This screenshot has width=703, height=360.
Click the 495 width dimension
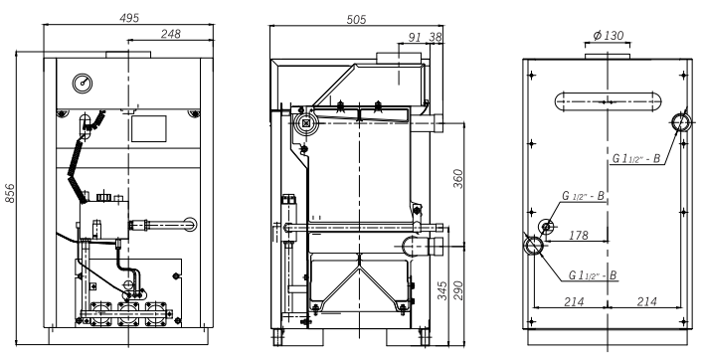tap(129, 18)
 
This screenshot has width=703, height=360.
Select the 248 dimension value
tap(170, 34)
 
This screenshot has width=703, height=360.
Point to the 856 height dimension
tap(9, 193)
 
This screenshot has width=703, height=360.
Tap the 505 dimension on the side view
tap(356, 19)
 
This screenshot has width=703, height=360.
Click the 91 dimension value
tap(416, 37)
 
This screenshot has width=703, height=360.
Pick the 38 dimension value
tap(436, 37)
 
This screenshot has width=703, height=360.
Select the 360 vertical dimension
tap(457, 178)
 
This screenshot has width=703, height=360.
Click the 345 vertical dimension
tap(441, 290)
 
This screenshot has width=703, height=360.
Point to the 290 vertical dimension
tap(457, 290)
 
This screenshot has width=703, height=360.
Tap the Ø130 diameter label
tap(608, 36)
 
